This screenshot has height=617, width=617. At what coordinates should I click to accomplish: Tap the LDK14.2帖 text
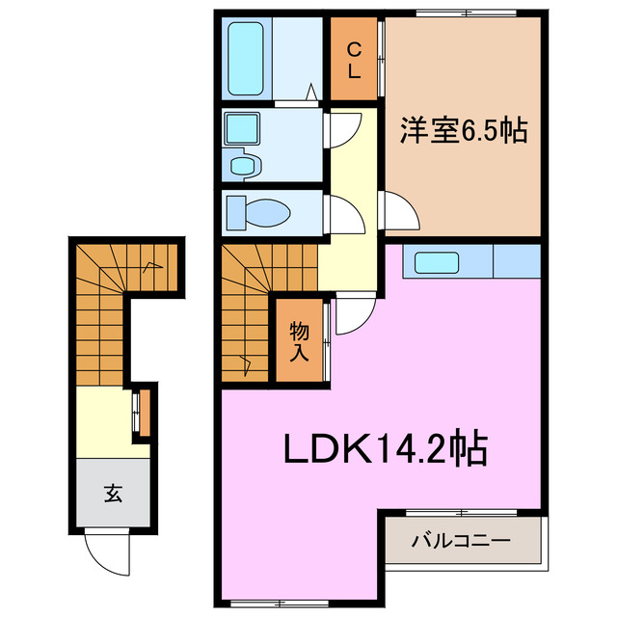click(x=384, y=448)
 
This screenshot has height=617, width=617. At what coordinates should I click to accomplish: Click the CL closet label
click(x=354, y=60)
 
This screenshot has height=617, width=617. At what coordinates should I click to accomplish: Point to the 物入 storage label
click(x=299, y=341)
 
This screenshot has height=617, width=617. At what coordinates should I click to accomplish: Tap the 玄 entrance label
click(x=113, y=496)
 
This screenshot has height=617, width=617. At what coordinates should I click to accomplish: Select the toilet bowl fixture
click(x=259, y=211)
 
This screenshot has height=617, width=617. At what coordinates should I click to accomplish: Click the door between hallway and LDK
click(x=353, y=311)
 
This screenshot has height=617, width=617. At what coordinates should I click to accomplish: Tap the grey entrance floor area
click(x=113, y=493)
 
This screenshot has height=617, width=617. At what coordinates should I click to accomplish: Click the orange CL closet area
click(x=354, y=60)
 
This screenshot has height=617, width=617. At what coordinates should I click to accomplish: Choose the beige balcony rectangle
click(x=461, y=541)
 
